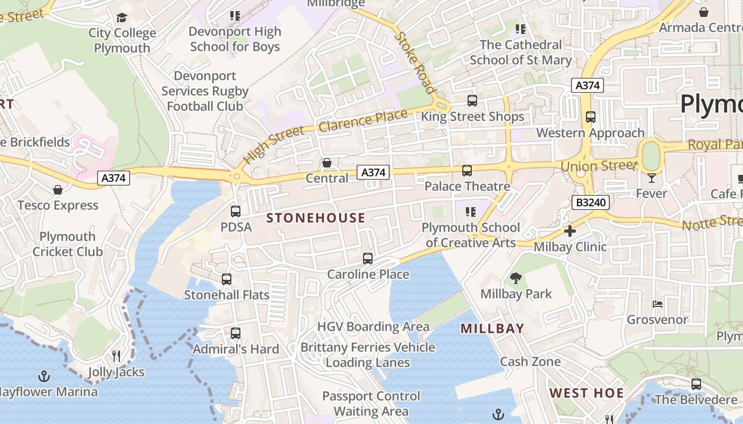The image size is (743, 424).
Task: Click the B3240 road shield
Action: click(x=590, y=202)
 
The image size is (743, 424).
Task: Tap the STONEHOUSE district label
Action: click(x=316, y=218)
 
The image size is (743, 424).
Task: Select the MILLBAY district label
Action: click(x=492, y=329)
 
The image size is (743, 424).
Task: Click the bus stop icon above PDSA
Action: click(x=236, y=211)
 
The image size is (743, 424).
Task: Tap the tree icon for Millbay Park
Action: click(x=515, y=278)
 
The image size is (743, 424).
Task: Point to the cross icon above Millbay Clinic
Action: click(x=570, y=231)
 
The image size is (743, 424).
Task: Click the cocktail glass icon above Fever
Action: click(x=651, y=178)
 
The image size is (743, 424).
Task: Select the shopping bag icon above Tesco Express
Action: click(x=58, y=190)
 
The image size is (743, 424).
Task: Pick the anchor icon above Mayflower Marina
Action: click(x=45, y=376)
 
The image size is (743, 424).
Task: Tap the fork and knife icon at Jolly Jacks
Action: click(x=116, y=356)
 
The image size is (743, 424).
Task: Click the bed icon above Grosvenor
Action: click(x=657, y=304)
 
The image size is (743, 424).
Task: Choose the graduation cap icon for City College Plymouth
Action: click(x=122, y=18)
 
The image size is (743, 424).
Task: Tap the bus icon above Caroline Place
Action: click(x=368, y=259)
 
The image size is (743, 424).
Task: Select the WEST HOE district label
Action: click(x=586, y=393)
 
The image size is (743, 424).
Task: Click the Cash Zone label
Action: click(x=530, y=361)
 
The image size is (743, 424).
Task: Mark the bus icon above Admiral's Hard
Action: click(x=236, y=333)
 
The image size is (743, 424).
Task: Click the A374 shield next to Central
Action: click(x=373, y=172)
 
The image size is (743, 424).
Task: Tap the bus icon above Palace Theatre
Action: click(x=467, y=171)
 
